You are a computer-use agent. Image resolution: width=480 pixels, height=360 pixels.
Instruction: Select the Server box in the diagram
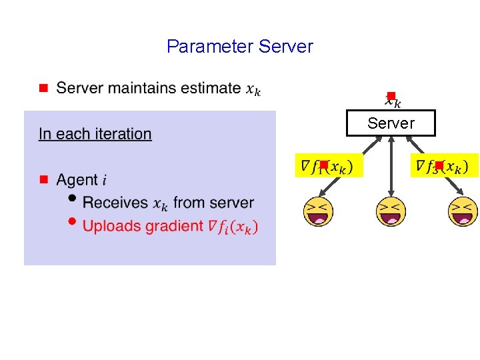[391, 123]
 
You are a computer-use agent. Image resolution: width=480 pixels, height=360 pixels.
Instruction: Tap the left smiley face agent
[318, 212]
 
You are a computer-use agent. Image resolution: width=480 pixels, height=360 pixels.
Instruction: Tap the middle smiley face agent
[391, 212]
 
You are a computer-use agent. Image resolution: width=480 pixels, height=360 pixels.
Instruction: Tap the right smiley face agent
[463, 212]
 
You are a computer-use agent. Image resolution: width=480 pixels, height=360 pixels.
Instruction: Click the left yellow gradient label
[329, 165]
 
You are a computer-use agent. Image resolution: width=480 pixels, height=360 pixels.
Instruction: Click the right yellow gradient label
[444, 165]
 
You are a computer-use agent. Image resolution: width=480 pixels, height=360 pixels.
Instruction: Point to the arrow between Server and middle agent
[391, 167]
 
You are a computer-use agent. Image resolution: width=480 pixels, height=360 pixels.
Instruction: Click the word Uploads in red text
[107, 226]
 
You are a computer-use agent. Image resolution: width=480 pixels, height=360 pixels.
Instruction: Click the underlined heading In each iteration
[95, 134]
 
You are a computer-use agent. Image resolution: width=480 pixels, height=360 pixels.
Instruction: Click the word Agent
[77, 180]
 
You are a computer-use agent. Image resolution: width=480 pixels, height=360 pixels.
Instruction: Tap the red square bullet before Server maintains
[42, 88]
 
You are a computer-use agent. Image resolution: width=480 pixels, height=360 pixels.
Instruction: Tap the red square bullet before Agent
[42, 180]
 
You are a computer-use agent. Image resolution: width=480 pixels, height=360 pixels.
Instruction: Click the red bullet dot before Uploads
[71, 223]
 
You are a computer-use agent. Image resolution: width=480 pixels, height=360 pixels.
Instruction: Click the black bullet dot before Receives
[71, 199]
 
